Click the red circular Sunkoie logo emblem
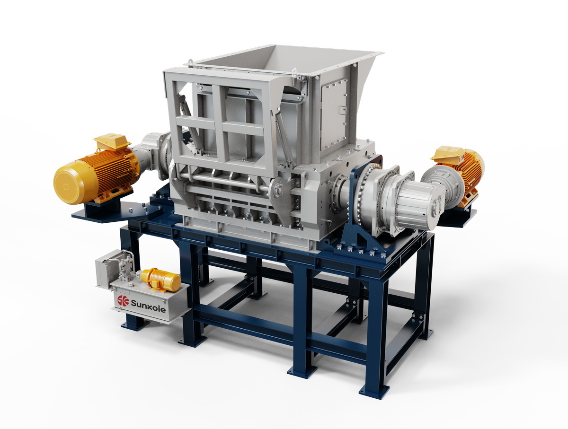[x=123, y=301]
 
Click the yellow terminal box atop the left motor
[x=112, y=141]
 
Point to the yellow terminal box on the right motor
[x=447, y=153]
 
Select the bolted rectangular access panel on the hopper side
[x=334, y=114]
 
